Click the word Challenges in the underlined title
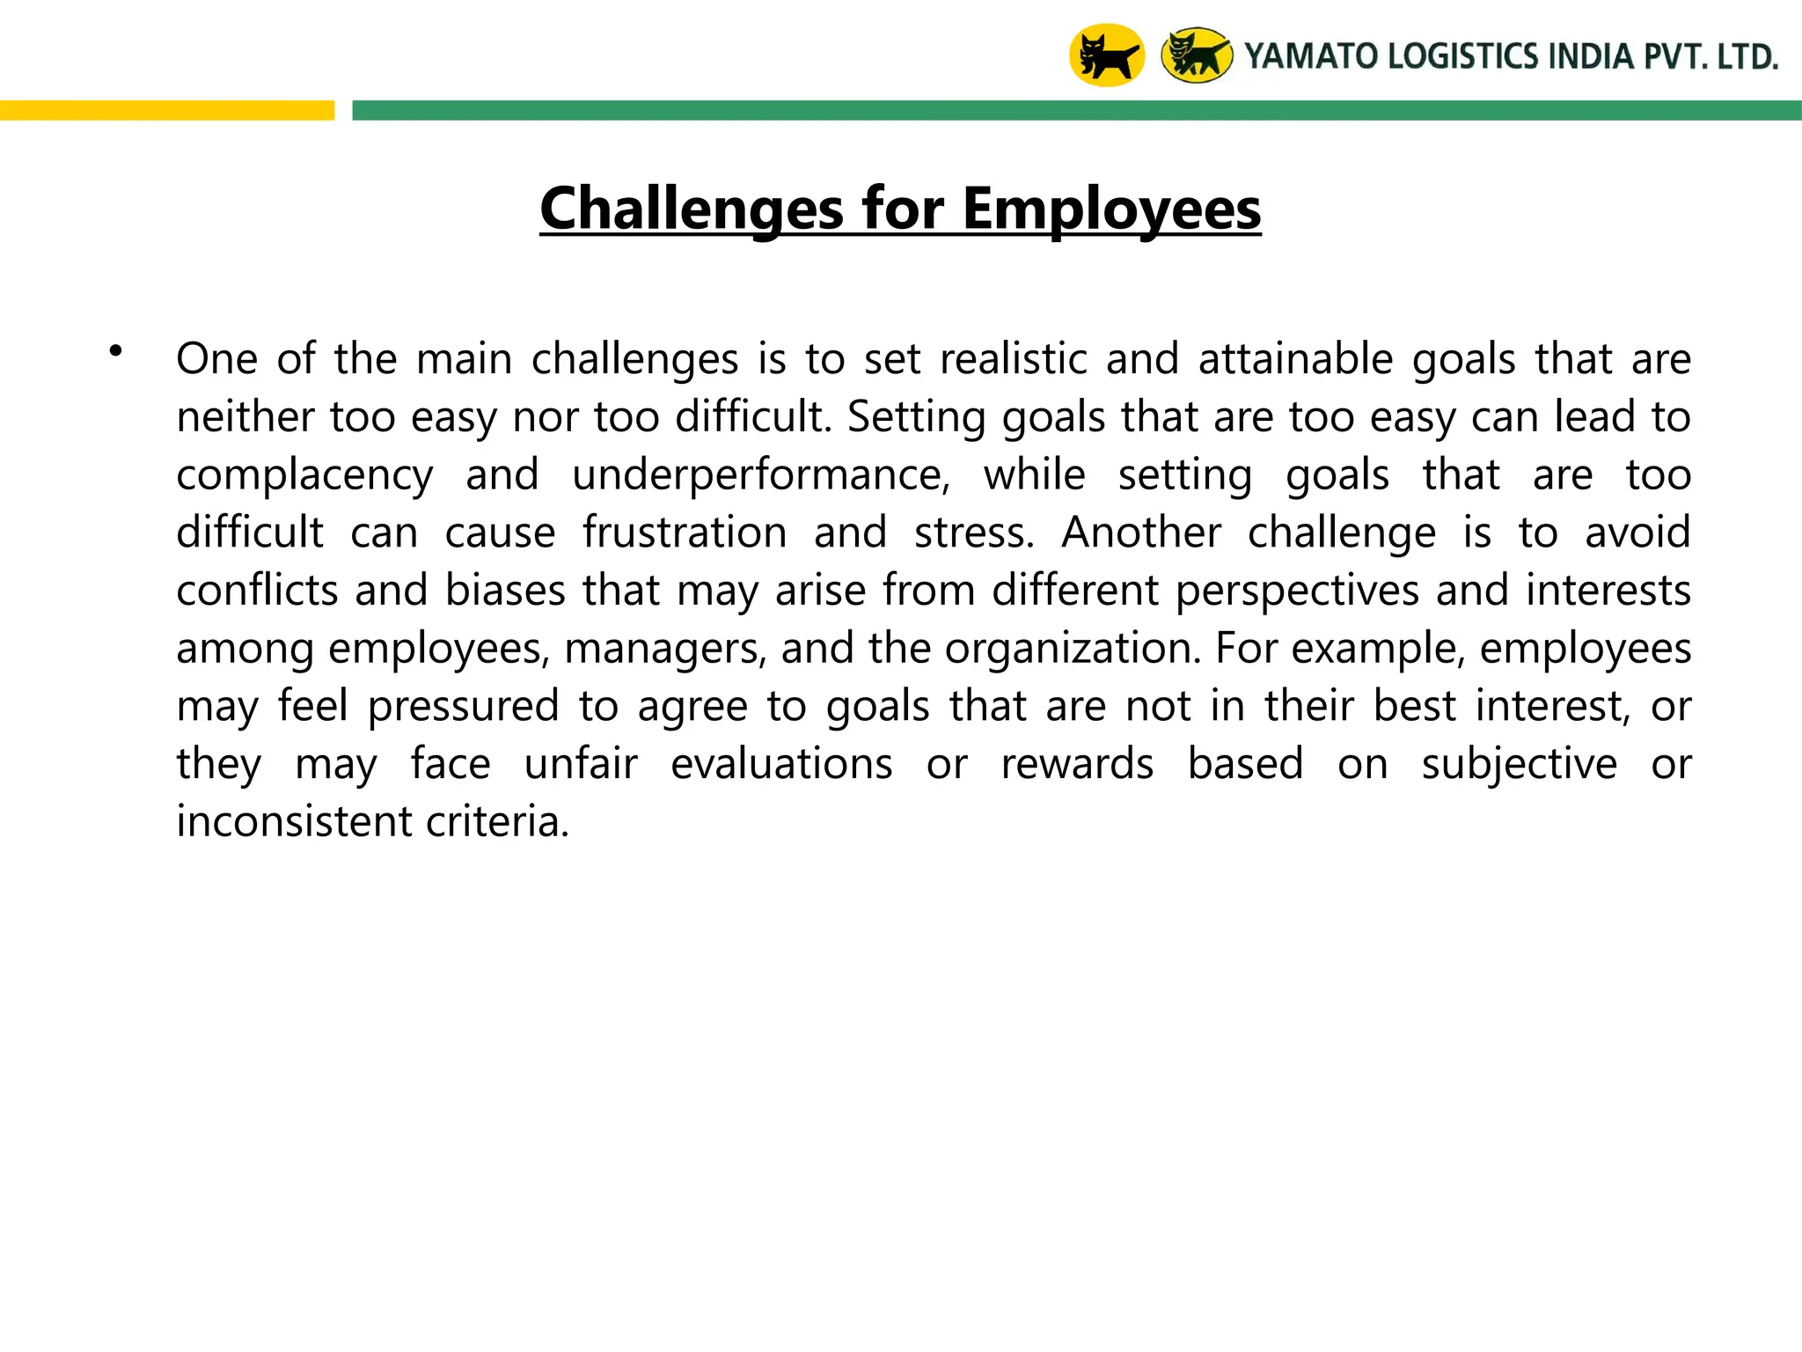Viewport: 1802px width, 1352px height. pos(692,209)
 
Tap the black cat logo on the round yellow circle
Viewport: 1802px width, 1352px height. pos(1106,55)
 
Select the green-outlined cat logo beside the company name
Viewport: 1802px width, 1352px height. pos(1197,55)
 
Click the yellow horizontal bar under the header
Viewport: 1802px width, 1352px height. pos(167,110)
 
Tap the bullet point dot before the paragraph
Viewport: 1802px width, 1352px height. pos(115,352)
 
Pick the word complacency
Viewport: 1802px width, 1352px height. pos(304,475)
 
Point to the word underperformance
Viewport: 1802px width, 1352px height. pos(761,475)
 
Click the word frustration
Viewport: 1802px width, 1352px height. pos(685,533)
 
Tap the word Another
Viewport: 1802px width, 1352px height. pos(1141,533)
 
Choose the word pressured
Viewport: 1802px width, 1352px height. pos(463,706)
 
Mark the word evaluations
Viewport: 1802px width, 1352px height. pos(781,764)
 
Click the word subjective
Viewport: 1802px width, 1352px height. pos(1519,764)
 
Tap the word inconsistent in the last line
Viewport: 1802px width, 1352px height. pos(293,821)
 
